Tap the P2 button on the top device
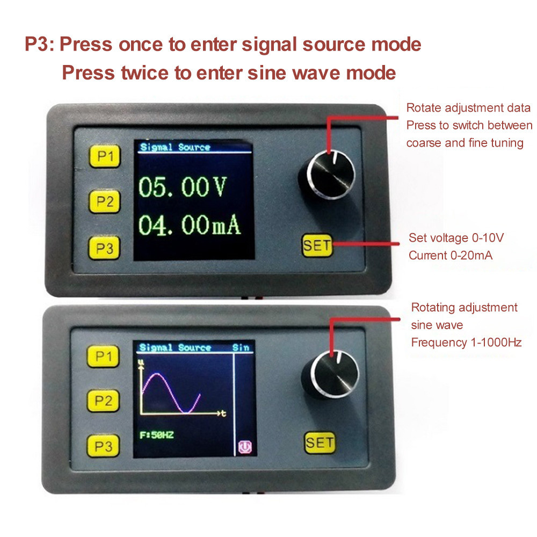pyautogui.click(x=105, y=201)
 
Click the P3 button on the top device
pyautogui.click(x=105, y=248)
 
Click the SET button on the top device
pyautogui.click(x=317, y=246)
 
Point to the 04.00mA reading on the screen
pyautogui.click(x=190, y=225)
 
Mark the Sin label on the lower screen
pyautogui.click(x=241, y=347)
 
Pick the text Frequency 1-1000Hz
pyautogui.click(x=466, y=342)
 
